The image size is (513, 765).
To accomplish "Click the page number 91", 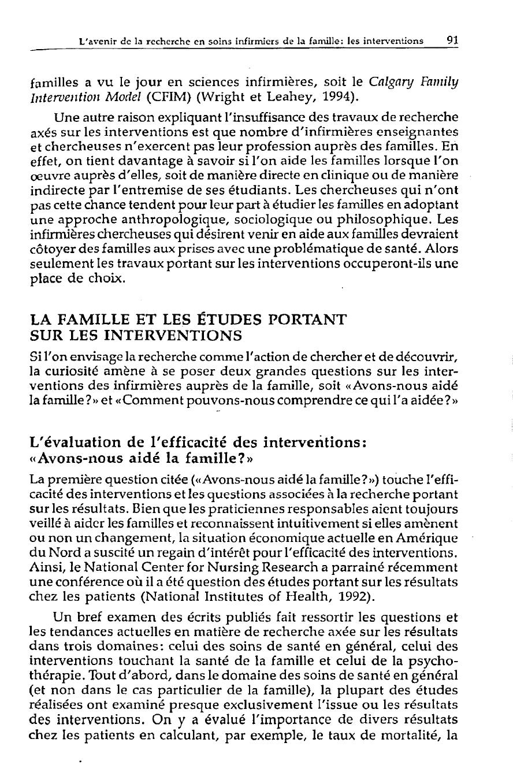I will (452, 41).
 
